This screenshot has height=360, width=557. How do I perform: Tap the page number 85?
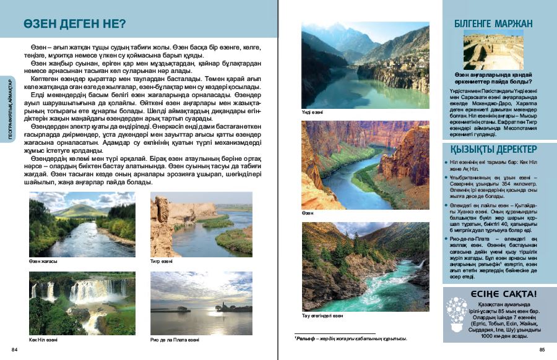[x=542, y=349]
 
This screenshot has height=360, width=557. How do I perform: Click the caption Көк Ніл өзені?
[x=43, y=340]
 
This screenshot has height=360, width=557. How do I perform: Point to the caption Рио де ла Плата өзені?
[x=175, y=340]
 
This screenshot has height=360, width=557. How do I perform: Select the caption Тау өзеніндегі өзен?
[x=322, y=315]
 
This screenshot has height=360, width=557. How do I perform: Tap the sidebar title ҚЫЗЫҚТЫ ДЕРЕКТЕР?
[x=498, y=149]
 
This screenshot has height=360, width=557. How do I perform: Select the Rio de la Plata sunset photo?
[x=201, y=303]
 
